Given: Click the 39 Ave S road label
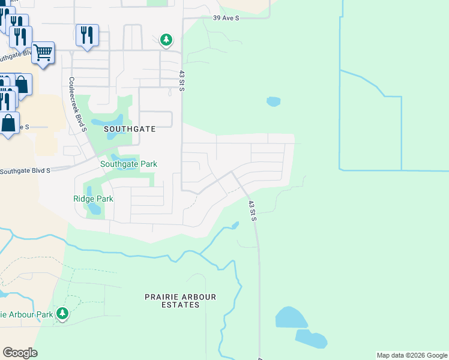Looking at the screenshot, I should pyautogui.click(x=226, y=19).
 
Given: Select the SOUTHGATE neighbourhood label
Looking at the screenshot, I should pyautogui.click(x=130, y=129).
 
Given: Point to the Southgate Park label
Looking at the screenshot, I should pyautogui.click(x=128, y=164).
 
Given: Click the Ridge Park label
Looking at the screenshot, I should pyautogui.click(x=93, y=199).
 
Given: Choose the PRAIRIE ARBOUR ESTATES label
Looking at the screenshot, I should pyautogui.click(x=180, y=301).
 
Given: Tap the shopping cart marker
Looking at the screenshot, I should pyautogui.click(x=43, y=53).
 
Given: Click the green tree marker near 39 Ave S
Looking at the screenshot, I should pyautogui.click(x=166, y=40).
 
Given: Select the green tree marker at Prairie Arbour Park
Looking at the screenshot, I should pyautogui.click(x=62, y=313).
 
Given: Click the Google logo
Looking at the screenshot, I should pyautogui.click(x=20, y=353).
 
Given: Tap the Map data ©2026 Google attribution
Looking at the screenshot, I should pyautogui.click(x=412, y=355).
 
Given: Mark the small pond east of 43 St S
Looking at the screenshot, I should pyautogui.click(x=273, y=101).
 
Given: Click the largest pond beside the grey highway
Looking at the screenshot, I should pyautogui.click(x=291, y=319).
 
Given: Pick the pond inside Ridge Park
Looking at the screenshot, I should pyautogui.click(x=94, y=209).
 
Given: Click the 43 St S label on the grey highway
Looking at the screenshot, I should pyautogui.click(x=253, y=211).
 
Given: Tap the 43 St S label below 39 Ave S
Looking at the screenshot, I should pyautogui.click(x=182, y=81).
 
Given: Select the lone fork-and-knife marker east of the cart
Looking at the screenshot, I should pyautogui.click(x=88, y=35).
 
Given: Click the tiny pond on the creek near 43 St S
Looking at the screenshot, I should pyautogui.click(x=234, y=226).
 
